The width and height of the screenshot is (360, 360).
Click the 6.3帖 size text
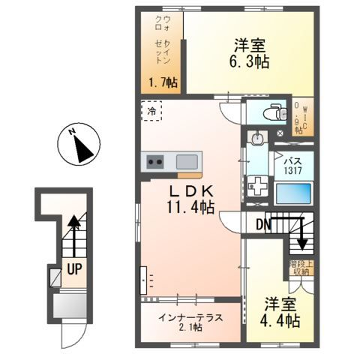248,59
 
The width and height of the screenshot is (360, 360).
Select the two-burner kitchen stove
156,161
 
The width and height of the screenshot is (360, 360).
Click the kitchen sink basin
186,161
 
